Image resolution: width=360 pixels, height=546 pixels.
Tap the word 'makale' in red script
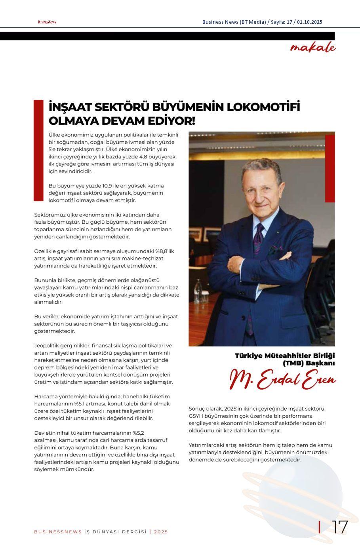click(312, 48)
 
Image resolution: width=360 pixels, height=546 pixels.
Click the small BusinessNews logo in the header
click(47, 22)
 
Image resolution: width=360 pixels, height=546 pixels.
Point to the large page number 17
click(339, 527)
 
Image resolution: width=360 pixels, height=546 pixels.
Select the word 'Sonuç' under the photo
click(197, 409)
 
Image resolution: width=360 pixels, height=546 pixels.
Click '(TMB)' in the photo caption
click(291, 363)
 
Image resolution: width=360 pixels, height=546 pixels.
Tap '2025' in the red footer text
click(161, 532)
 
